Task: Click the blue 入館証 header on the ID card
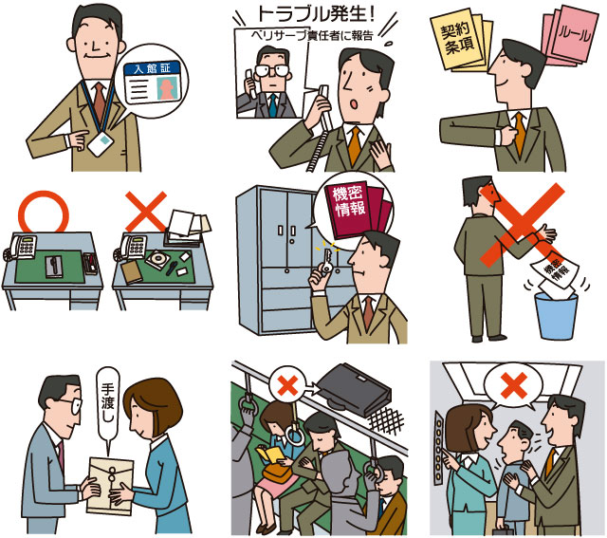click(153, 68)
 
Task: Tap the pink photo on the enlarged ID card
click(167, 88)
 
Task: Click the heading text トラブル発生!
click(316, 14)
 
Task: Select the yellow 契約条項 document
click(459, 40)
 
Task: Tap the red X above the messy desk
click(145, 212)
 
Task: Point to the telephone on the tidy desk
click(21, 248)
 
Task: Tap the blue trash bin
click(557, 316)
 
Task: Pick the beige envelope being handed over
click(110, 486)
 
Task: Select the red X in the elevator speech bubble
click(514, 385)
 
